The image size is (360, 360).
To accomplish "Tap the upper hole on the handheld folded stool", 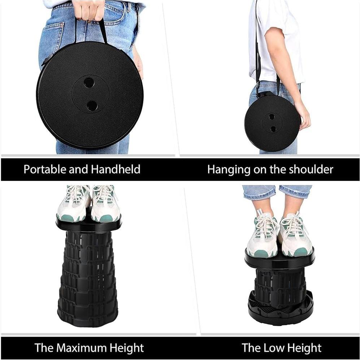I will click(89, 83).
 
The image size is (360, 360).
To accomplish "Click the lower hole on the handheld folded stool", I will click(92, 105).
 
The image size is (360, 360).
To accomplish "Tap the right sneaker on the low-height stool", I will click(295, 235).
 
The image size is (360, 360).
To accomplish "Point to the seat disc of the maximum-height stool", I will click(88, 225).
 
